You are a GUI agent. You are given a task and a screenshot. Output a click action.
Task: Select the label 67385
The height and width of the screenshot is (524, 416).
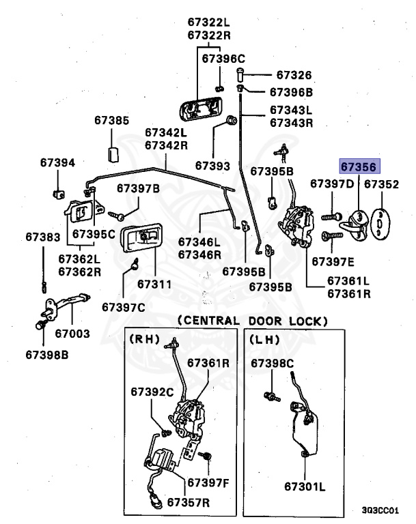(x=112, y=120)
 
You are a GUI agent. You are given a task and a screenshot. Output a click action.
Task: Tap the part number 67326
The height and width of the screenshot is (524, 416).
(x=294, y=75)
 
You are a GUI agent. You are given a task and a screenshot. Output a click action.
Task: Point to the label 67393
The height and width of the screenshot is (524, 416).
(x=213, y=166)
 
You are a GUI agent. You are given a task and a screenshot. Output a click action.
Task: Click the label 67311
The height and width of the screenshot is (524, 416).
(x=154, y=284)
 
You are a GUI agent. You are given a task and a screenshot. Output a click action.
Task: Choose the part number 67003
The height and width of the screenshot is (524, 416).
(x=72, y=333)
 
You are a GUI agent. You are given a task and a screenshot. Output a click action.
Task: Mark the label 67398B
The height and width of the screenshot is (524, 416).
(x=47, y=355)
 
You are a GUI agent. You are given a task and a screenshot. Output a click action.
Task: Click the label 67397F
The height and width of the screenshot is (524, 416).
(x=208, y=482)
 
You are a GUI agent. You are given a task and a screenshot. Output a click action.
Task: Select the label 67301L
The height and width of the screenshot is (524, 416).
(x=305, y=486)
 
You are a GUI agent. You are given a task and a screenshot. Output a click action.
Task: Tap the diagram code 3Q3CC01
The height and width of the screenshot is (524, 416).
(x=380, y=510)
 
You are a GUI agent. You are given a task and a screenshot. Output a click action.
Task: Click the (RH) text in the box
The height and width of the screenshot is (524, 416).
(x=144, y=339)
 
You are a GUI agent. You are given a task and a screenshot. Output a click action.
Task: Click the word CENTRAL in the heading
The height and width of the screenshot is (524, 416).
(x=208, y=321)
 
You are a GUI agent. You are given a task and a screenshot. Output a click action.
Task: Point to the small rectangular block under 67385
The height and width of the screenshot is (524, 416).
(x=113, y=154)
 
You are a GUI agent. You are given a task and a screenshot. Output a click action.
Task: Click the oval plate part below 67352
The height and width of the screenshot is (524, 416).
(x=380, y=224)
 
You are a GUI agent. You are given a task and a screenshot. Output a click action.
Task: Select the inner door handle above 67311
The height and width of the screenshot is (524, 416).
(x=142, y=237)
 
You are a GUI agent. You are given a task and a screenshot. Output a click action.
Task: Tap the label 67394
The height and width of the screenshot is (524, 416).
(x=57, y=162)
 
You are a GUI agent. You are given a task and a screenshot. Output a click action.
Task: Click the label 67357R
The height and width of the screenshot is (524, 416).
(x=188, y=502)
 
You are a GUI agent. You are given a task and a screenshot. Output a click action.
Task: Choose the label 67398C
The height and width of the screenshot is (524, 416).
(x=272, y=363)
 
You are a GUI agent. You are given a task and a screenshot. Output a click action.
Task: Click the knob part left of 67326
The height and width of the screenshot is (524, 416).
(x=240, y=74)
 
